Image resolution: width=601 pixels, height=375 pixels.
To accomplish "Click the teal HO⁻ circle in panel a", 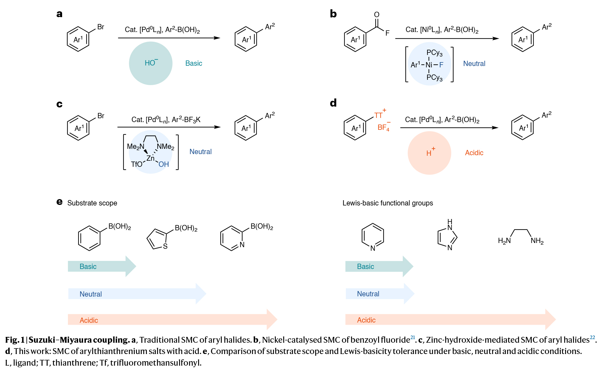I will [x=150, y=63].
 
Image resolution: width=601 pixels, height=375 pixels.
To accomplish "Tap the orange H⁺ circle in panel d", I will [x=429, y=153].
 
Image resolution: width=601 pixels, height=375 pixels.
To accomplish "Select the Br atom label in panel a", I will [x=100, y=27].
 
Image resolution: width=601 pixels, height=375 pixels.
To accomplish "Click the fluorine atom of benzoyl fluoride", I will [x=387, y=33].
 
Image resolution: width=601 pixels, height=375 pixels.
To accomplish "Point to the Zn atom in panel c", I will [x=150, y=158].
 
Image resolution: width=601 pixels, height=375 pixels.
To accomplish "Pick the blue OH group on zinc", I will [x=163, y=165].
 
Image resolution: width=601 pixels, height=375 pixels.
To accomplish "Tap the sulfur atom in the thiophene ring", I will [x=165, y=246].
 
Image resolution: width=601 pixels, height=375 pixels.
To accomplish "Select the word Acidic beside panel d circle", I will [x=474, y=153].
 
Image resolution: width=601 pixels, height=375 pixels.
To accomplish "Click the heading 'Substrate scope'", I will [x=92, y=203].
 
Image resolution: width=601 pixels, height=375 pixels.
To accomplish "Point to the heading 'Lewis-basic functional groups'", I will [x=388, y=203].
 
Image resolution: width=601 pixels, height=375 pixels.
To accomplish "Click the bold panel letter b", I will [x=333, y=14].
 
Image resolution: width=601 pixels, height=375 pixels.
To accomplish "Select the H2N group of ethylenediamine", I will [x=504, y=241].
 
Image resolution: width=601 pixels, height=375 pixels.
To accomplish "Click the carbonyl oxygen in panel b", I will [x=377, y=15].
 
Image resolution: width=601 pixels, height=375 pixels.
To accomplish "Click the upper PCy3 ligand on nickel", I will [x=434, y=53].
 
